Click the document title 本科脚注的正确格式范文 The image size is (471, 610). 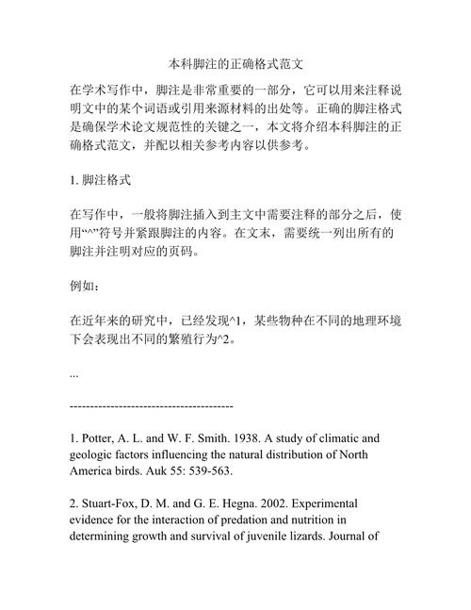(235, 66)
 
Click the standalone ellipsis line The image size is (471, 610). (74, 371)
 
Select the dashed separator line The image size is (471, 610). (152, 405)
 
